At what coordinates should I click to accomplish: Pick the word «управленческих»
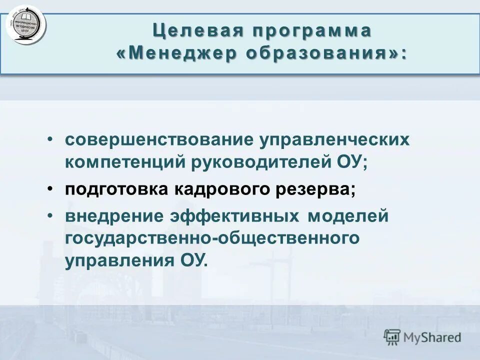coord(333,139)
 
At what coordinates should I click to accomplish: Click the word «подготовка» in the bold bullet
coord(117,190)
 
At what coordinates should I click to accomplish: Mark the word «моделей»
coord(348,216)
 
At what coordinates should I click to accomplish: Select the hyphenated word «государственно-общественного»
coord(211,238)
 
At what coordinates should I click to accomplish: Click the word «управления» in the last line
coord(115,261)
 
